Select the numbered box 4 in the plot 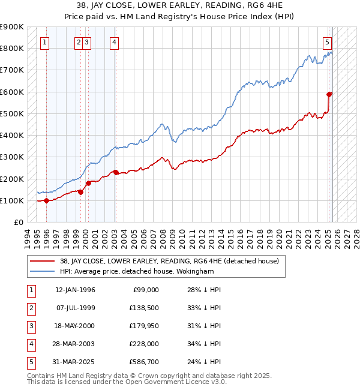(114, 42)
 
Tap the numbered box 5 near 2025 (327, 42)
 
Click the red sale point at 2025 (329, 94)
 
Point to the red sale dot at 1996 (46, 201)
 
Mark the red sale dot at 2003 (116, 173)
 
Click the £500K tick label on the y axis (12, 113)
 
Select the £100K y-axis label (12, 200)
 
